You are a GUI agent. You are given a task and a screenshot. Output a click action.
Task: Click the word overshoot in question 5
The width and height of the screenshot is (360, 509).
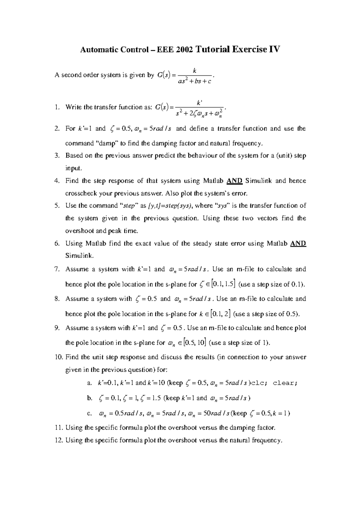coord(78,231)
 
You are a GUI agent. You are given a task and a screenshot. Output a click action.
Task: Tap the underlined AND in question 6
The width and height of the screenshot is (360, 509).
coord(298,244)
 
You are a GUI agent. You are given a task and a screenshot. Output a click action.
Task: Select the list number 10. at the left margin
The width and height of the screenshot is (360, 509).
coord(58,357)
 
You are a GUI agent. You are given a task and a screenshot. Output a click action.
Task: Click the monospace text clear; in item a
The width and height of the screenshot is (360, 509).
coord(285,383)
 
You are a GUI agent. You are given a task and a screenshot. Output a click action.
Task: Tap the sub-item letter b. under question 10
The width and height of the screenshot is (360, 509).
coord(89,398)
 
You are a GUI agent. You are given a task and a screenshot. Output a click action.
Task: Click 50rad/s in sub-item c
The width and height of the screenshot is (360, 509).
coord(217,414)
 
